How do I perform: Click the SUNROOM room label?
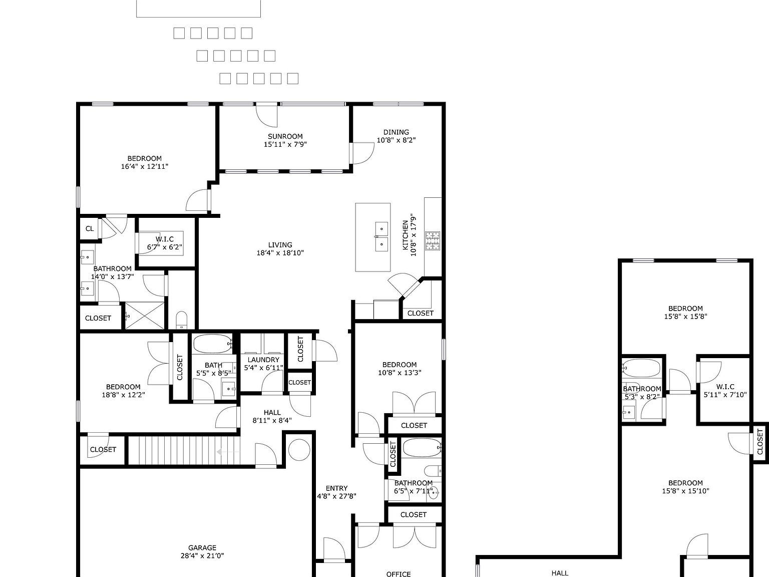(285, 136)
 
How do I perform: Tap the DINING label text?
(396, 132)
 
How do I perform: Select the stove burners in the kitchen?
(433, 240)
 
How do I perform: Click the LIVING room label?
(280, 245)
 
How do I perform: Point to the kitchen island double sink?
(381, 237)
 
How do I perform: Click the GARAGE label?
(202, 547)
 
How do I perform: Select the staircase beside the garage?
(183, 450)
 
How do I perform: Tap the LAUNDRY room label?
(263, 360)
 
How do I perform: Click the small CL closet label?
(90, 229)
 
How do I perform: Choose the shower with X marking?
(144, 316)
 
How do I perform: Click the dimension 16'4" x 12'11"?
(144, 167)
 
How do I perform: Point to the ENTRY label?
(336, 488)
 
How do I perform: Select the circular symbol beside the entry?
(299, 449)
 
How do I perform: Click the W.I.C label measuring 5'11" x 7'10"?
(725, 387)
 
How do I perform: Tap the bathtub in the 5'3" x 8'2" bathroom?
(641, 368)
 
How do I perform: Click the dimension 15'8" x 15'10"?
(685, 491)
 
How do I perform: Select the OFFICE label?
(399, 574)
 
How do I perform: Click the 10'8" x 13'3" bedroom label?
(399, 365)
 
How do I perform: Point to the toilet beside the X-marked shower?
(181, 320)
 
